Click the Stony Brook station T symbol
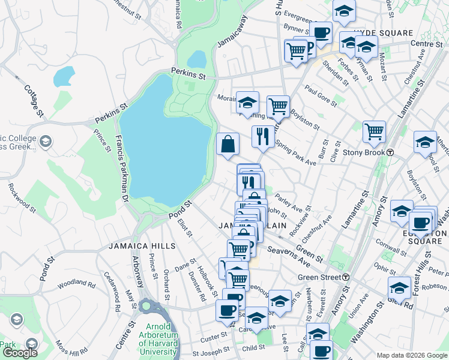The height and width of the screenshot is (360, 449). point(390,152)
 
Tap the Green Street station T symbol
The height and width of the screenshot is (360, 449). point(346,277)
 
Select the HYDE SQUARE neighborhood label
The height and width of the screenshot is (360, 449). point(383,33)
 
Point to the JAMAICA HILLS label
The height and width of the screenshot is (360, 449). point(142,246)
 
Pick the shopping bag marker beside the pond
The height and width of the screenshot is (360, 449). point(228,145)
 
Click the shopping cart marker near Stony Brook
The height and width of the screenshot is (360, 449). point(374,131)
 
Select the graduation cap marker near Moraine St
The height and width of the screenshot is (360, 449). point(247,103)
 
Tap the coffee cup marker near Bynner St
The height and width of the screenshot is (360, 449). point(321,32)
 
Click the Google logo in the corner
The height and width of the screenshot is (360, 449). point(20,353)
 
